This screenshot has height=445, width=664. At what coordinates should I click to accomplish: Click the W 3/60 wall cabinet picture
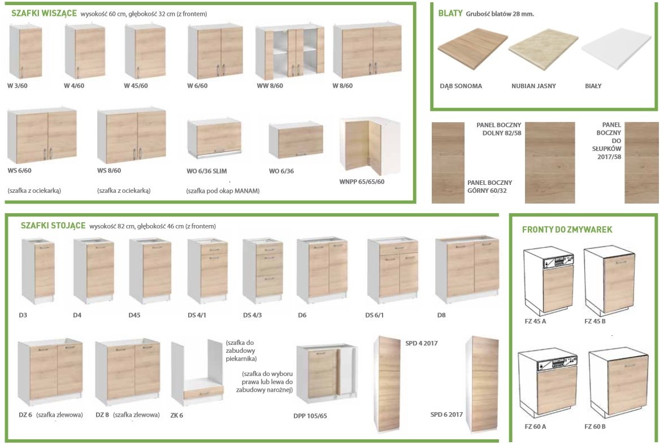coord(25,51)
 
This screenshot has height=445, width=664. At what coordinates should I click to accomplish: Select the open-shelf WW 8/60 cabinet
coord(290,52)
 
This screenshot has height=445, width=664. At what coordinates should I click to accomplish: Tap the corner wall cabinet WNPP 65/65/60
coord(369,146)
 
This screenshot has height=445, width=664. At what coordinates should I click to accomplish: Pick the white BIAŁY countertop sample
coord(616,49)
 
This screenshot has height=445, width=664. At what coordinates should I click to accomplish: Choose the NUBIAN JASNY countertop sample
coord(543,49)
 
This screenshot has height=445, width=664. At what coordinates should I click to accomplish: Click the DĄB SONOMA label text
coord(461,86)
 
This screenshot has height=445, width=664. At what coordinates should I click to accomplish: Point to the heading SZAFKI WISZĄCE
coord(44,13)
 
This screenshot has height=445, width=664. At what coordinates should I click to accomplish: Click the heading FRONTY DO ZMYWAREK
coord(567,230)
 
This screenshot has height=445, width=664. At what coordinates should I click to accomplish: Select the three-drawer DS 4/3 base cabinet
coord(263,270)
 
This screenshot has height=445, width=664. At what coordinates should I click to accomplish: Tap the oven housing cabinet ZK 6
coord(197,371)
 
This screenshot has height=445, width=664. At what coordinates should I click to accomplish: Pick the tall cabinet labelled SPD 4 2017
coord(387,384)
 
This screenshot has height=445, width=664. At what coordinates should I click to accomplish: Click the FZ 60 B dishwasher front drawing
coord(618,383)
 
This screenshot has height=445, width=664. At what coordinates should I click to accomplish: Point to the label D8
coord(441,315)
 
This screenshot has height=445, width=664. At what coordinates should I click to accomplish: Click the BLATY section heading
coord(450,13)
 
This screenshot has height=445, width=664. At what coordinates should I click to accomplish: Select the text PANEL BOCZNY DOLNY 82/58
coord(499,129)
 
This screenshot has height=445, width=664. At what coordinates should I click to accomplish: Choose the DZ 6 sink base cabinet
coord(50,372)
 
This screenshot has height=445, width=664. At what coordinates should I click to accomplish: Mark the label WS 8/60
coord(109,170)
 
